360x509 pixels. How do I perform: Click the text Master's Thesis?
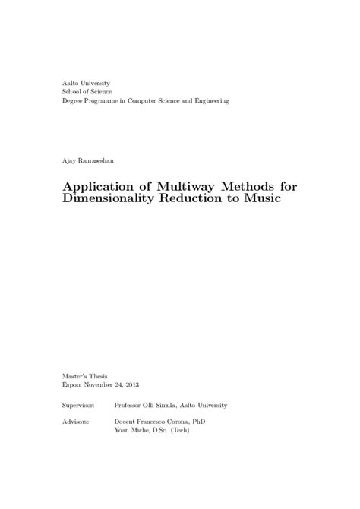(x=84, y=377)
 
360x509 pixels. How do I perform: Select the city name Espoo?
(x=71, y=386)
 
